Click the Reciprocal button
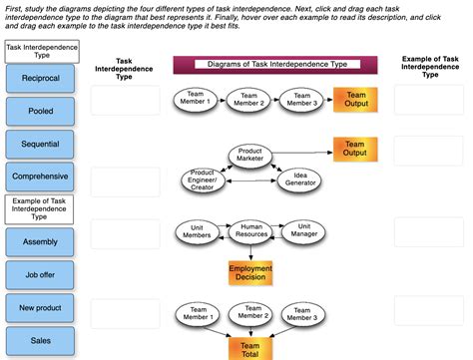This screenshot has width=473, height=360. (40, 78)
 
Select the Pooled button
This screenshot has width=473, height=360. (40, 111)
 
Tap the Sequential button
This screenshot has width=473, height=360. (40, 144)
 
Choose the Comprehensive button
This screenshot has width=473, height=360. (40, 177)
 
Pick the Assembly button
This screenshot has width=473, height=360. (40, 241)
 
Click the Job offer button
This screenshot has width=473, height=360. (40, 274)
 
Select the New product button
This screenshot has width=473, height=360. (40, 307)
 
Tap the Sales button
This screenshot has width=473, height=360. (40, 340)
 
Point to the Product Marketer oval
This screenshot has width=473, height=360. (249, 155)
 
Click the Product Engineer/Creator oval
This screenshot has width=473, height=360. (203, 180)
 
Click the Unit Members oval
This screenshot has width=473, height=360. (197, 231)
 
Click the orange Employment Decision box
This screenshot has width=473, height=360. (249, 273)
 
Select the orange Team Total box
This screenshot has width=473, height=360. (249, 348)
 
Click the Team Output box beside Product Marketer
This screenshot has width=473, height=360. (354, 149)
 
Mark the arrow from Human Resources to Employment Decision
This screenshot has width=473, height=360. (249, 252)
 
